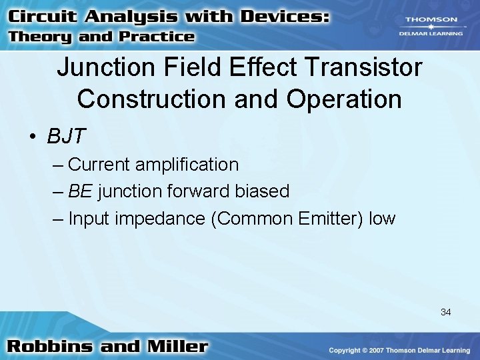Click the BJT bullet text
pos(66,136)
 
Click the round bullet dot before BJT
pos(32,137)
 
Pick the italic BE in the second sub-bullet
pos(81,191)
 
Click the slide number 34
pos(445,311)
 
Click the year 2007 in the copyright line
pos(375,350)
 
